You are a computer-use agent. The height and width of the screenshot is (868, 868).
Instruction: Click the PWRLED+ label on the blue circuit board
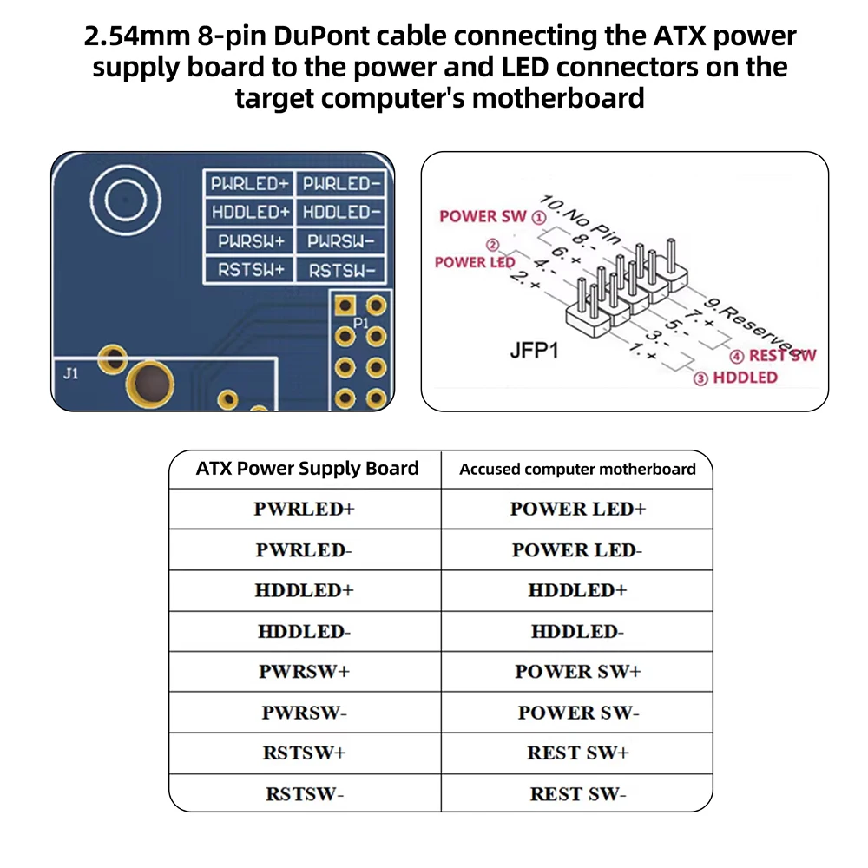250,184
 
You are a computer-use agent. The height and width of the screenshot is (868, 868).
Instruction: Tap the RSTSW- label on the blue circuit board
341,271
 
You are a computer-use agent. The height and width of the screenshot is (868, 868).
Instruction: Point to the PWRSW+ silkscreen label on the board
251,241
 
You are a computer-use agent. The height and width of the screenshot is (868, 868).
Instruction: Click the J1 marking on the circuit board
71,373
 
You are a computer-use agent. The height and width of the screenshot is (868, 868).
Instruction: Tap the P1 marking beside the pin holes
360,322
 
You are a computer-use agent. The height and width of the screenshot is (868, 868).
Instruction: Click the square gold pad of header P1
345,305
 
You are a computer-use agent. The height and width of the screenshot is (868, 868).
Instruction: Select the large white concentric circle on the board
126,200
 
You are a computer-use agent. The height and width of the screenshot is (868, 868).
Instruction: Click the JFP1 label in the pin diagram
534,351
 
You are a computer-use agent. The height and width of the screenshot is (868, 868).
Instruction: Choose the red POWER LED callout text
475,262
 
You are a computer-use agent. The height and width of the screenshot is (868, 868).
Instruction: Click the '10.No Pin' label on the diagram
580,220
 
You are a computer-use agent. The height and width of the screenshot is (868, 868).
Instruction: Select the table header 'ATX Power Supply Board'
307,469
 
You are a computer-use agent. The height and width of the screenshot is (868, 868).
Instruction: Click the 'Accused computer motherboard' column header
577,470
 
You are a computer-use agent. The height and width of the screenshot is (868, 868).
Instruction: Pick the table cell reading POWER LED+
578,509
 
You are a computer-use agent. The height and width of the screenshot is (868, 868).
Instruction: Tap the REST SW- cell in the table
578,794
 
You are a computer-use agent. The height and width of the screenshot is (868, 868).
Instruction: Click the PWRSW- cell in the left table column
305,713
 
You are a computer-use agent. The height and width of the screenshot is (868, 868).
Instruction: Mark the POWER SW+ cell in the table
578,672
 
